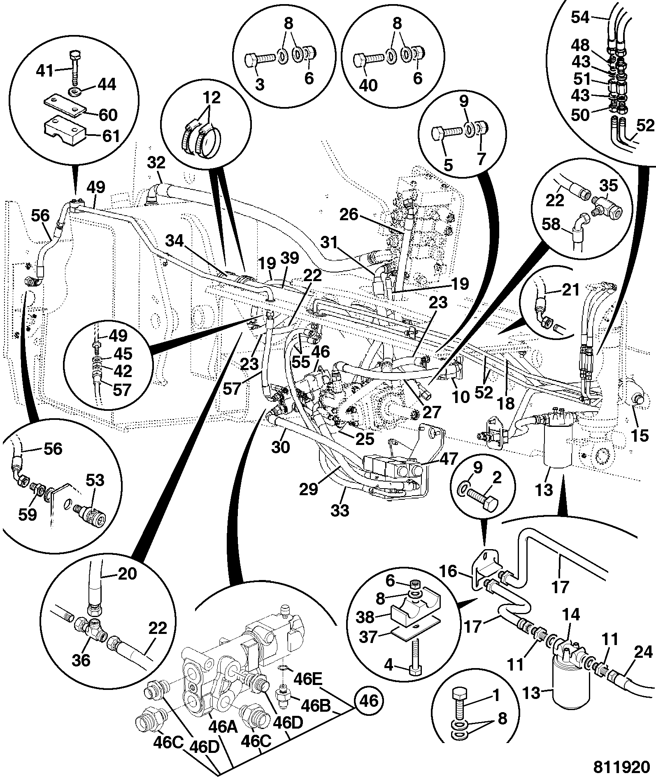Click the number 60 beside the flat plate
tap(108, 115)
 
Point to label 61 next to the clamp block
tap(110, 136)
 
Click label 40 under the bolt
tap(368, 86)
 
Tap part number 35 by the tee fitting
tap(609, 186)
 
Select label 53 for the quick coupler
tap(94, 480)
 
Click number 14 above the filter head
tap(571, 615)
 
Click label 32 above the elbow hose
tap(156, 163)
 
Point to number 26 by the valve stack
tap(349, 214)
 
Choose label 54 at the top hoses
tap(581, 18)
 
